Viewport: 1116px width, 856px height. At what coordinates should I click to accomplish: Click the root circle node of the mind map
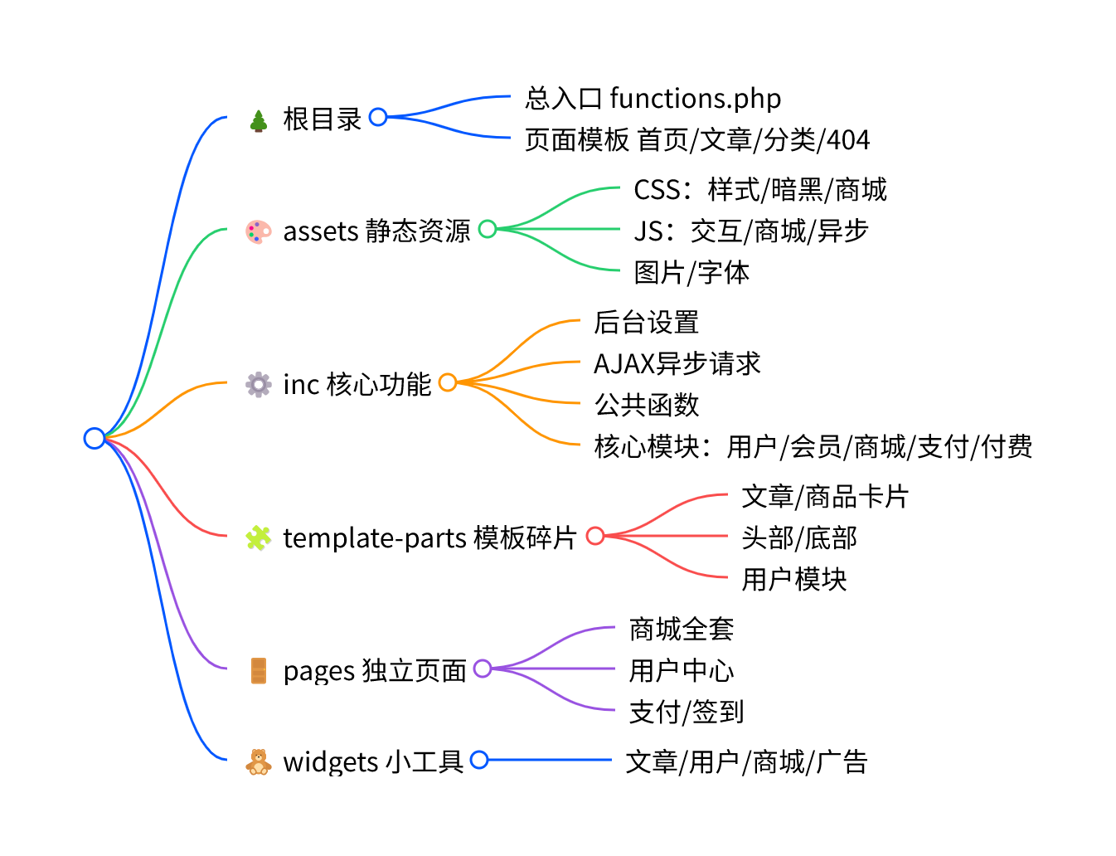(95, 438)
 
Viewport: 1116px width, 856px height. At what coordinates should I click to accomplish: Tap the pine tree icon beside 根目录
(259, 121)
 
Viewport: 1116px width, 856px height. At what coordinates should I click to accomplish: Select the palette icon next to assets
(259, 231)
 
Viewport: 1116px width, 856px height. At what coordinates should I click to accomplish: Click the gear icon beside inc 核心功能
(259, 384)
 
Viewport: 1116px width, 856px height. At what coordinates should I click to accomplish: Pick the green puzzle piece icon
(259, 538)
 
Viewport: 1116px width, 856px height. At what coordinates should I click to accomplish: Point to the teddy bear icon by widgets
(259, 761)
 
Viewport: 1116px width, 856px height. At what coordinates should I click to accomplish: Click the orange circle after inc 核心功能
(448, 382)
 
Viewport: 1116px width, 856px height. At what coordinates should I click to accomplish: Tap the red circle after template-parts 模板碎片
(595, 536)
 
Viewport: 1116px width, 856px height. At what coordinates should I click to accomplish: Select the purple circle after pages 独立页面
(483, 669)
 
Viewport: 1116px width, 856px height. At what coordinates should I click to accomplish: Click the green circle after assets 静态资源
(488, 228)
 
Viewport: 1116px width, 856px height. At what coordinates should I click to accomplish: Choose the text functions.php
(695, 99)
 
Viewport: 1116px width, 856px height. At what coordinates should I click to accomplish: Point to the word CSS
(657, 190)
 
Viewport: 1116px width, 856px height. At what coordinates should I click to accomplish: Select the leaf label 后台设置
(647, 322)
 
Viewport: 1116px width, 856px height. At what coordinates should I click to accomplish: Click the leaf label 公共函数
(647, 405)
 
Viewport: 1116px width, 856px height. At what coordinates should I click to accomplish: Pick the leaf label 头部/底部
(799, 537)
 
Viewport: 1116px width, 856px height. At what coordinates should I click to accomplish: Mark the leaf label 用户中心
(682, 670)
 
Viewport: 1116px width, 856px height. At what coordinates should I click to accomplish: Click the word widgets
(331, 761)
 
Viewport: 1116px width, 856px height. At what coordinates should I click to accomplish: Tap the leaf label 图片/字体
(691, 272)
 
